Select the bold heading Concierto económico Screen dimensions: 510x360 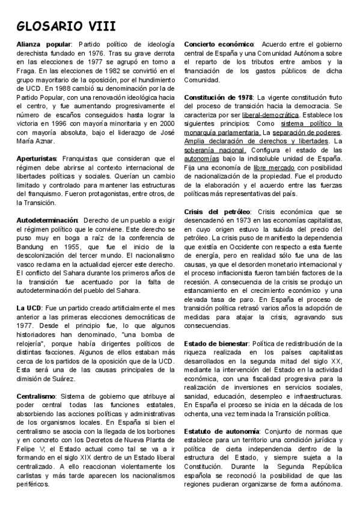219,45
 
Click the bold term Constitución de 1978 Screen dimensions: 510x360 219,97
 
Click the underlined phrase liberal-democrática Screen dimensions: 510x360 270,115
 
